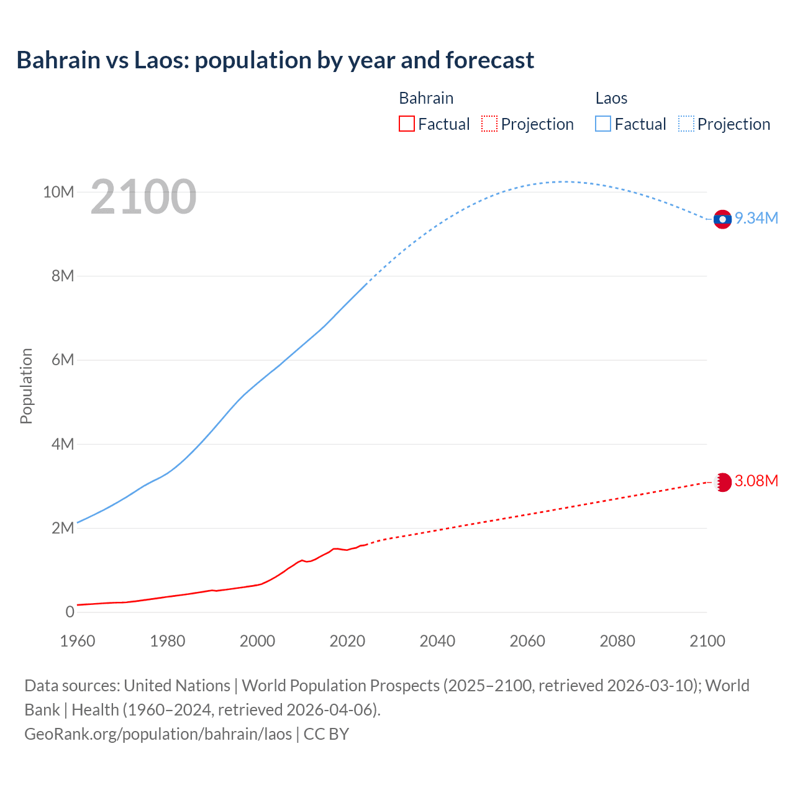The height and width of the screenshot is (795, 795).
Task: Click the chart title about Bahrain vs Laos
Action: coord(275,60)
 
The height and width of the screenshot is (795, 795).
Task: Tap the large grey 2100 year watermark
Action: coord(143,197)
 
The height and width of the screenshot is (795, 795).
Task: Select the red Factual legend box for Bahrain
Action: coord(407,124)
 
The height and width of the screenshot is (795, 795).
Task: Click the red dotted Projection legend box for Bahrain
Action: coord(489,124)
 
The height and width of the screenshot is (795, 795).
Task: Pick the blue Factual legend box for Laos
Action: coord(603,124)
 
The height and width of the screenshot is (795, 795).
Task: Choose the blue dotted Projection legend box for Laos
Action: coord(686,124)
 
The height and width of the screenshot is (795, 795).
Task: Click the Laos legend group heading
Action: coord(611,98)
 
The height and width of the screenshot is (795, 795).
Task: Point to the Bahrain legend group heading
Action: coord(426,98)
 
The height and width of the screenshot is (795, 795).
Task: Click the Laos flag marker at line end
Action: coord(722,219)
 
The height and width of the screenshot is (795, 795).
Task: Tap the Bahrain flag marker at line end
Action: coord(723,482)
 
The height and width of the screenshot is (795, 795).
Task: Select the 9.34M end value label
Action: coord(756,218)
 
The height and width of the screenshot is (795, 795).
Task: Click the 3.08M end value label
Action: coord(756,481)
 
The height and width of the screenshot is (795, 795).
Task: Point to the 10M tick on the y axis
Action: coord(58,192)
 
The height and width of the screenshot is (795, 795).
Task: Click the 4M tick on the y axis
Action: coord(63,444)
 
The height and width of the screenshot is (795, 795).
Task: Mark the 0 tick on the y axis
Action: coord(70,612)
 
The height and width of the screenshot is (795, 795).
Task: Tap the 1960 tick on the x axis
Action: coord(78,641)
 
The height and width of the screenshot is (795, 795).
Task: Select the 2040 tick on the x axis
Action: coord(437,641)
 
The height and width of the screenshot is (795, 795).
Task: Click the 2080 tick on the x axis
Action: coord(617,641)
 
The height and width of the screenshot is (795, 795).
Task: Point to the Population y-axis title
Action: coord(26,386)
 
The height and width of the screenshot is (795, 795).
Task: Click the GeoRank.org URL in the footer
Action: coord(158,734)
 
